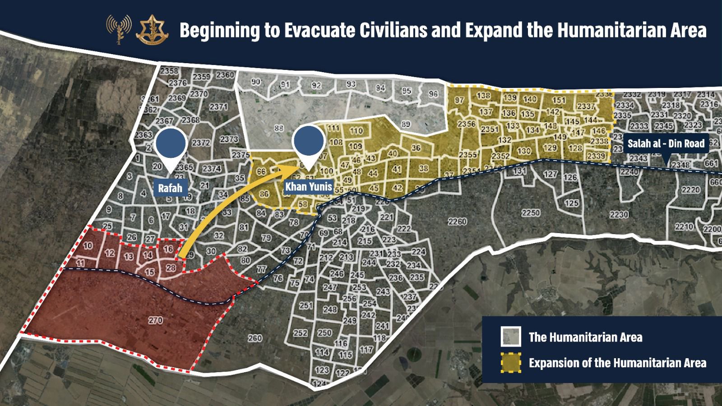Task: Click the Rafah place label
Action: (x=170, y=188)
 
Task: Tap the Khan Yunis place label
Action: (x=309, y=186)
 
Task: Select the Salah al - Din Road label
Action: (x=666, y=144)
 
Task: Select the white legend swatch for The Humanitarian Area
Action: (x=510, y=337)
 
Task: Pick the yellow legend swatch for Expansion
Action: (x=510, y=363)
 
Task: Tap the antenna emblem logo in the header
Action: (x=119, y=28)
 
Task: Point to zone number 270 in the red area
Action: (x=155, y=320)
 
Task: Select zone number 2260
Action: (x=457, y=221)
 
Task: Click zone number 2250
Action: (x=530, y=212)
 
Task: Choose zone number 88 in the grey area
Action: (x=278, y=129)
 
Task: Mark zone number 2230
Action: (x=618, y=215)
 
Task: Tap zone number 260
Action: (x=255, y=337)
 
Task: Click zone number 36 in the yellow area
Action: (x=416, y=148)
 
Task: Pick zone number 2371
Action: (x=218, y=107)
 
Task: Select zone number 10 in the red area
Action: (x=88, y=246)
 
